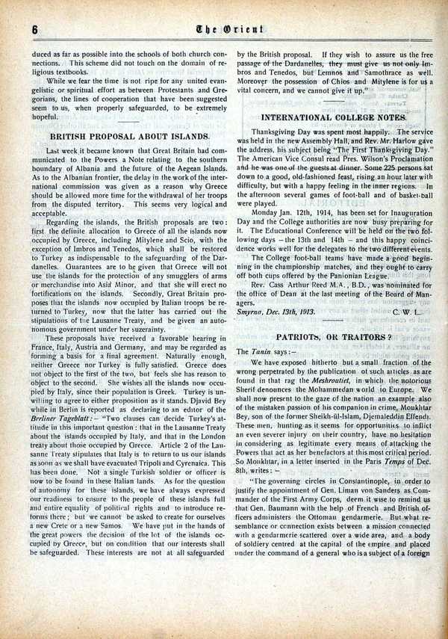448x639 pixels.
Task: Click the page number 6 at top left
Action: [x=35, y=29]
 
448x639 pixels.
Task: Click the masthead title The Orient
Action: [x=224, y=28]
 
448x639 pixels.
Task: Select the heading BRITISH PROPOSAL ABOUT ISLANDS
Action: [x=128, y=137]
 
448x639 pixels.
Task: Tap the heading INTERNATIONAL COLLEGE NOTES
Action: [x=334, y=117]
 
